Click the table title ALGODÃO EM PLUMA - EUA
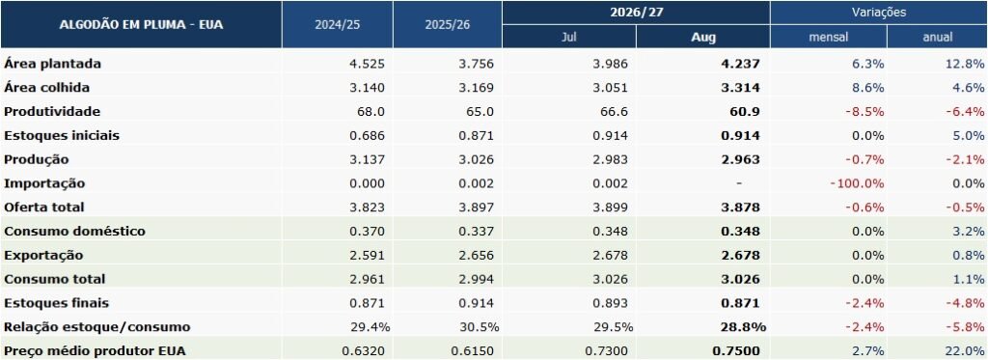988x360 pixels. [x=141, y=25]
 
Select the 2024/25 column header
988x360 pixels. [x=337, y=25]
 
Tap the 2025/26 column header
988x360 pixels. [x=448, y=25]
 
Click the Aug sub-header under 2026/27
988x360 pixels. [x=703, y=38]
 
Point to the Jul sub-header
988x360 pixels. [x=569, y=38]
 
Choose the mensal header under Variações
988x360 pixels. [x=829, y=38]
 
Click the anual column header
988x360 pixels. [x=938, y=38]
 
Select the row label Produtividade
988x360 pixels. [x=52, y=112]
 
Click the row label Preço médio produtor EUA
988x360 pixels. [x=96, y=350]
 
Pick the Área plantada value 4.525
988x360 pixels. [x=366, y=64]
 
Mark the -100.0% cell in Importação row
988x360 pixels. [x=857, y=183]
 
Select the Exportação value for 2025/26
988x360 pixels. [x=477, y=256]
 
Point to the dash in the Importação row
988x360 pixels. [x=739, y=183]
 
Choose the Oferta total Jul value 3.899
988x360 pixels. [x=611, y=208]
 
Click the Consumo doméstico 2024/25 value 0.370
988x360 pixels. [x=366, y=232]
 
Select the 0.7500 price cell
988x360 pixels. [x=736, y=350]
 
